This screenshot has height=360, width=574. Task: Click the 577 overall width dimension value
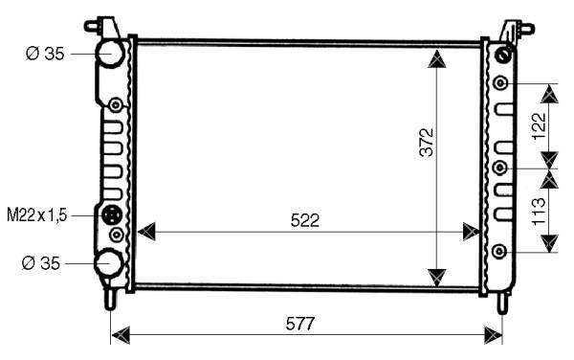[300, 324]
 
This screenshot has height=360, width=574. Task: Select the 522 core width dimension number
[305, 220]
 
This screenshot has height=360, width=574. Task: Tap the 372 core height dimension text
[427, 142]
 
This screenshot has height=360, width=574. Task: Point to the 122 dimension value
[540, 126]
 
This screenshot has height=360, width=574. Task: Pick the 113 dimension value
[539, 212]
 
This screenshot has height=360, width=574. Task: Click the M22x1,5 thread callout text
[37, 215]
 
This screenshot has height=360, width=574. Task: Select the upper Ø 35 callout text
[45, 54]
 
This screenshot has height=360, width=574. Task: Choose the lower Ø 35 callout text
[40, 263]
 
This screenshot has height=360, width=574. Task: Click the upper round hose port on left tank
[110, 54]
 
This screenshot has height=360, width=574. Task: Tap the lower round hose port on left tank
[108, 263]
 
